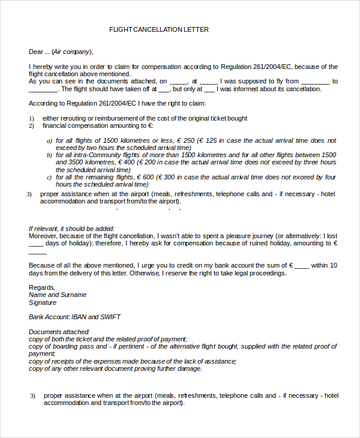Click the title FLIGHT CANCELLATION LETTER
[x=159, y=29]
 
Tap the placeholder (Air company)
[x=73, y=52]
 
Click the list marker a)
[x=50, y=141]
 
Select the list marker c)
[x=50, y=178]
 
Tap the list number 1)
[x=32, y=119]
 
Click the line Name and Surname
[x=58, y=295]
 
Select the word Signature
[x=43, y=302]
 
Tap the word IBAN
[x=80, y=317]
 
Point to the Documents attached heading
[x=59, y=332]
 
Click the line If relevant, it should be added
[x=71, y=229]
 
